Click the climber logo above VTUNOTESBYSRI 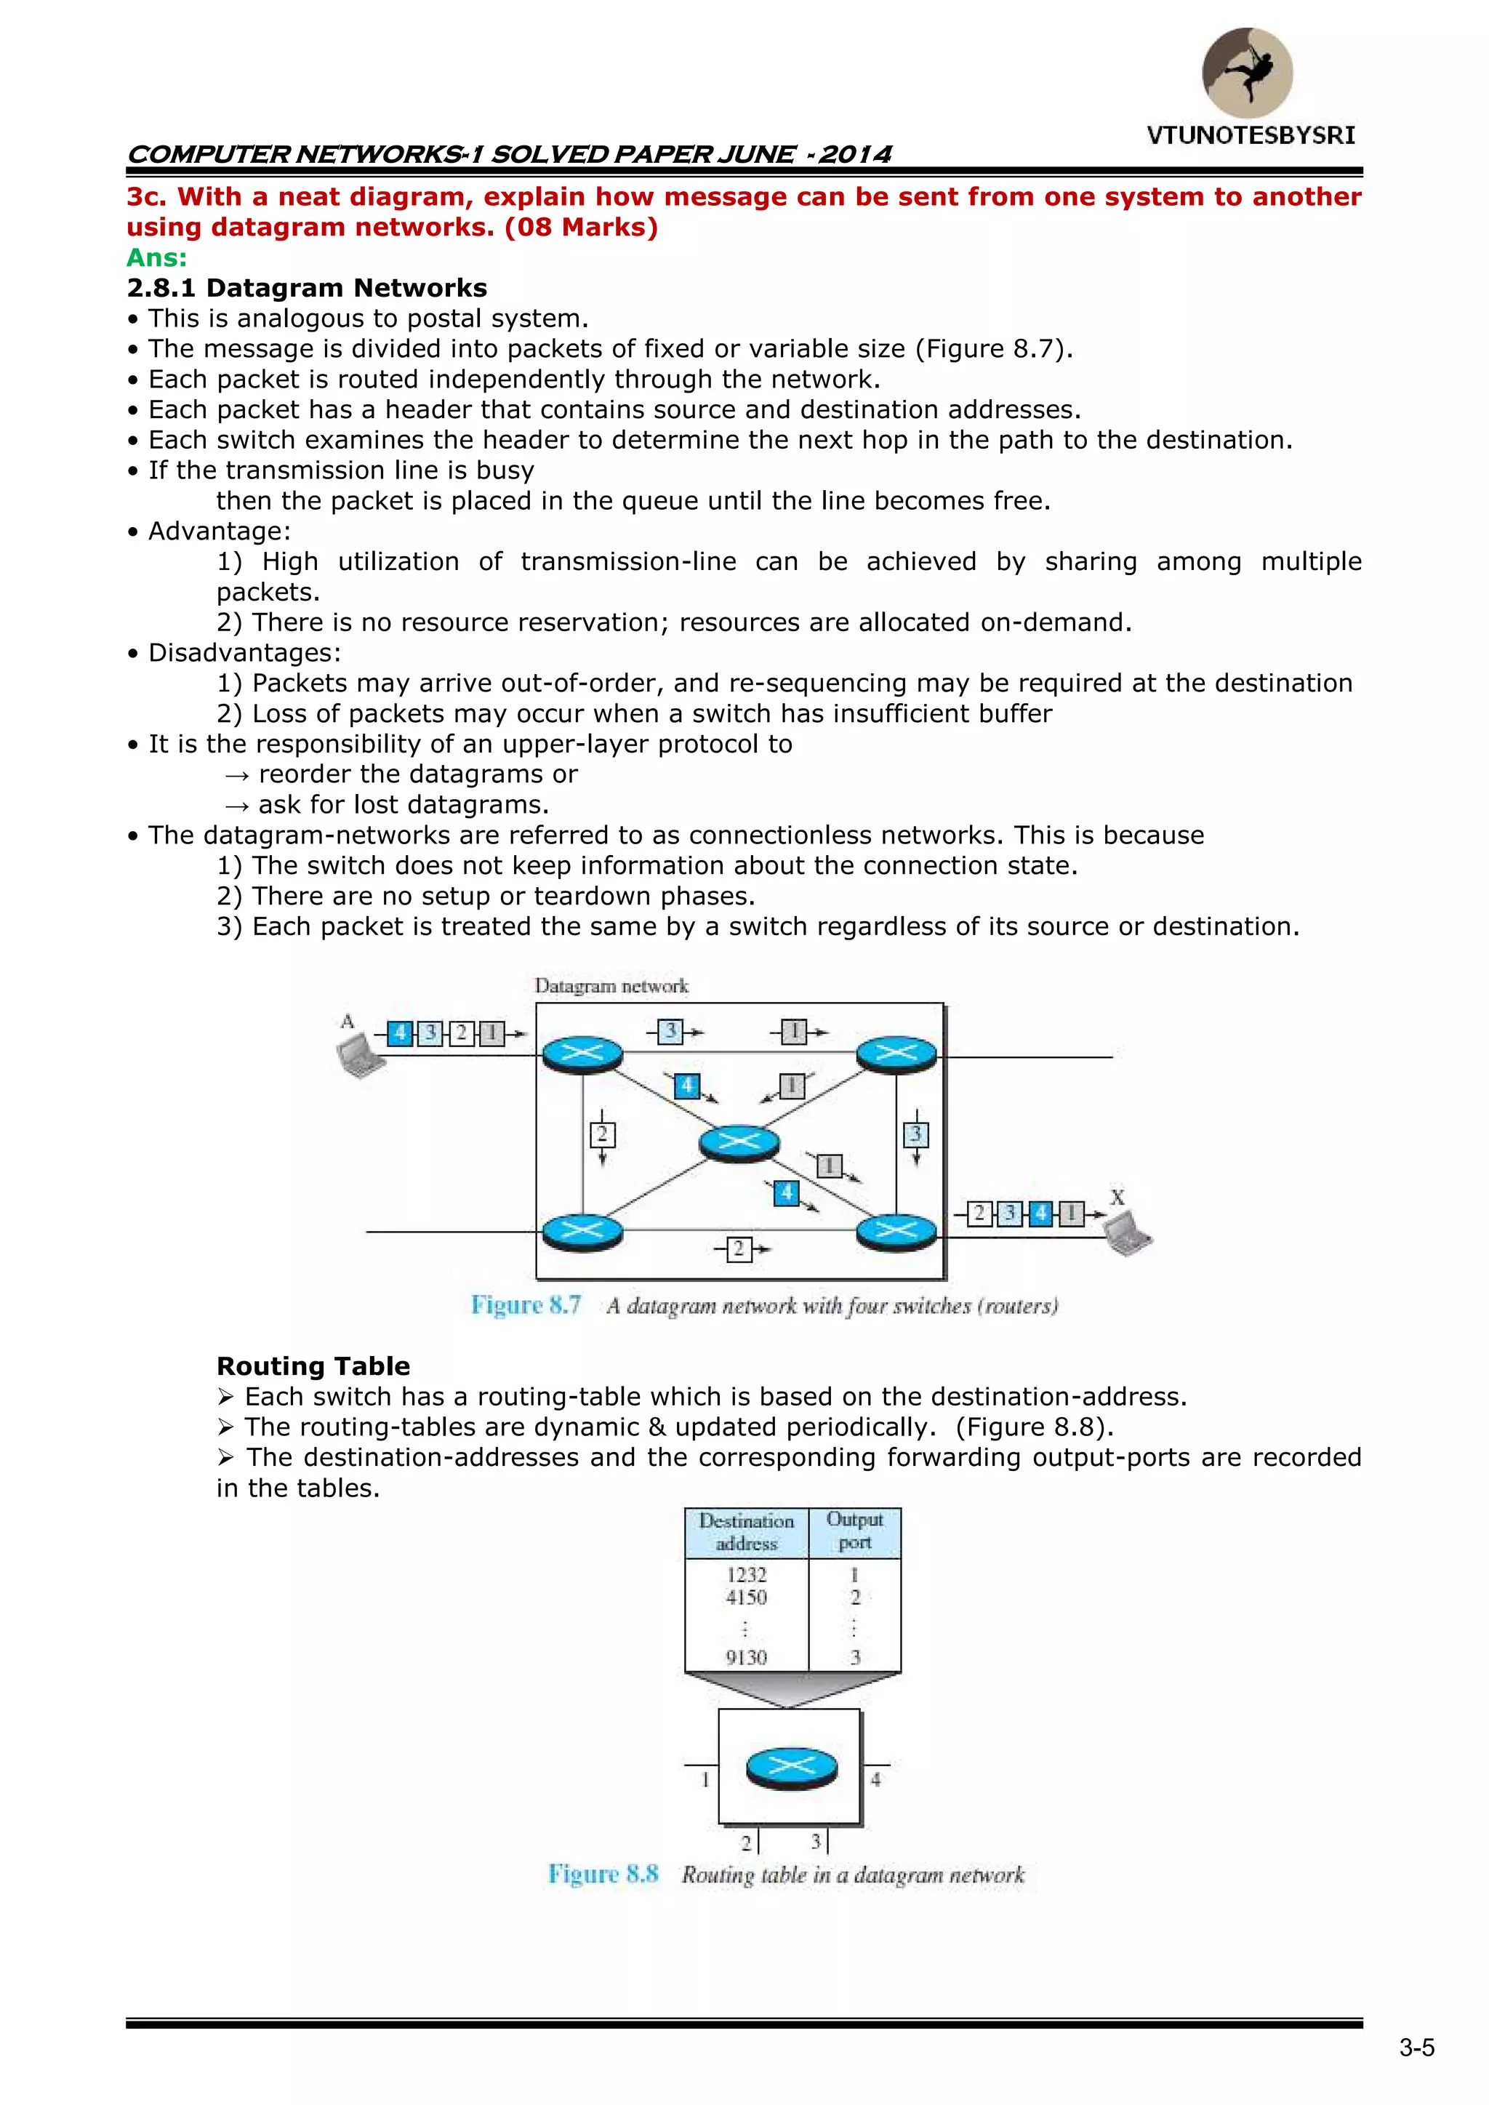pyautogui.click(x=1247, y=73)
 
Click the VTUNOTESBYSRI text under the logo pyautogui.click(x=1251, y=136)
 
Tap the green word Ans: pyautogui.click(x=157, y=257)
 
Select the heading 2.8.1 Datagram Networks pyautogui.click(x=307, y=288)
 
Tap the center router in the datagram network pyautogui.click(x=739, y=1142)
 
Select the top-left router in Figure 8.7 pyautogui.click(x=582, y=1054)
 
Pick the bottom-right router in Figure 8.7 pyautogui.click(x=896, y=1231)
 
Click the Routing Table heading pyautogui.click(x=313, y=1366)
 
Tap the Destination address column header pyautogui.click(x=747, y=1532)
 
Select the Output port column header pyautogui.click(x=854, y=1531)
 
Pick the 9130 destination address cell pyautogui.click(x=747, y=1658)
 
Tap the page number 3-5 pyautogui.click(x=1416, y=2048)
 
